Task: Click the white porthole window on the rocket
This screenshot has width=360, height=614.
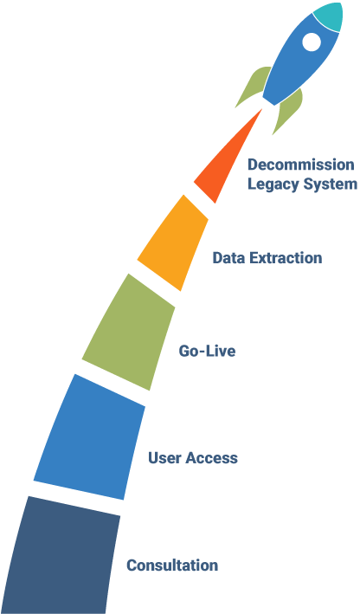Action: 312,42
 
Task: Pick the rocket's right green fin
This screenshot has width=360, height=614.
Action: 289,111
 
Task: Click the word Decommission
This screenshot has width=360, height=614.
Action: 301,165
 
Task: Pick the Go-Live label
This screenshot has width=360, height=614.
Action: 207,351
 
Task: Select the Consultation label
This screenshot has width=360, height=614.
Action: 172,565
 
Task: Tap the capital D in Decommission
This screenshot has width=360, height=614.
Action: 254,165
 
